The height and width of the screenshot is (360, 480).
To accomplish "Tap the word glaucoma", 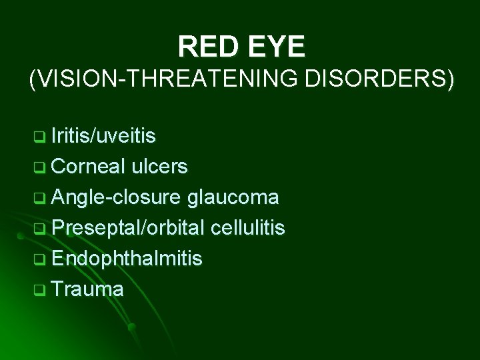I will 233,197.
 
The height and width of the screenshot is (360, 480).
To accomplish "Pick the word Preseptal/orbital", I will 128,228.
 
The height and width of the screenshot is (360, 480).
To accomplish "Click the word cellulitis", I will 247,228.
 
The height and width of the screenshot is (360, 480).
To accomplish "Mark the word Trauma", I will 87,289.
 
